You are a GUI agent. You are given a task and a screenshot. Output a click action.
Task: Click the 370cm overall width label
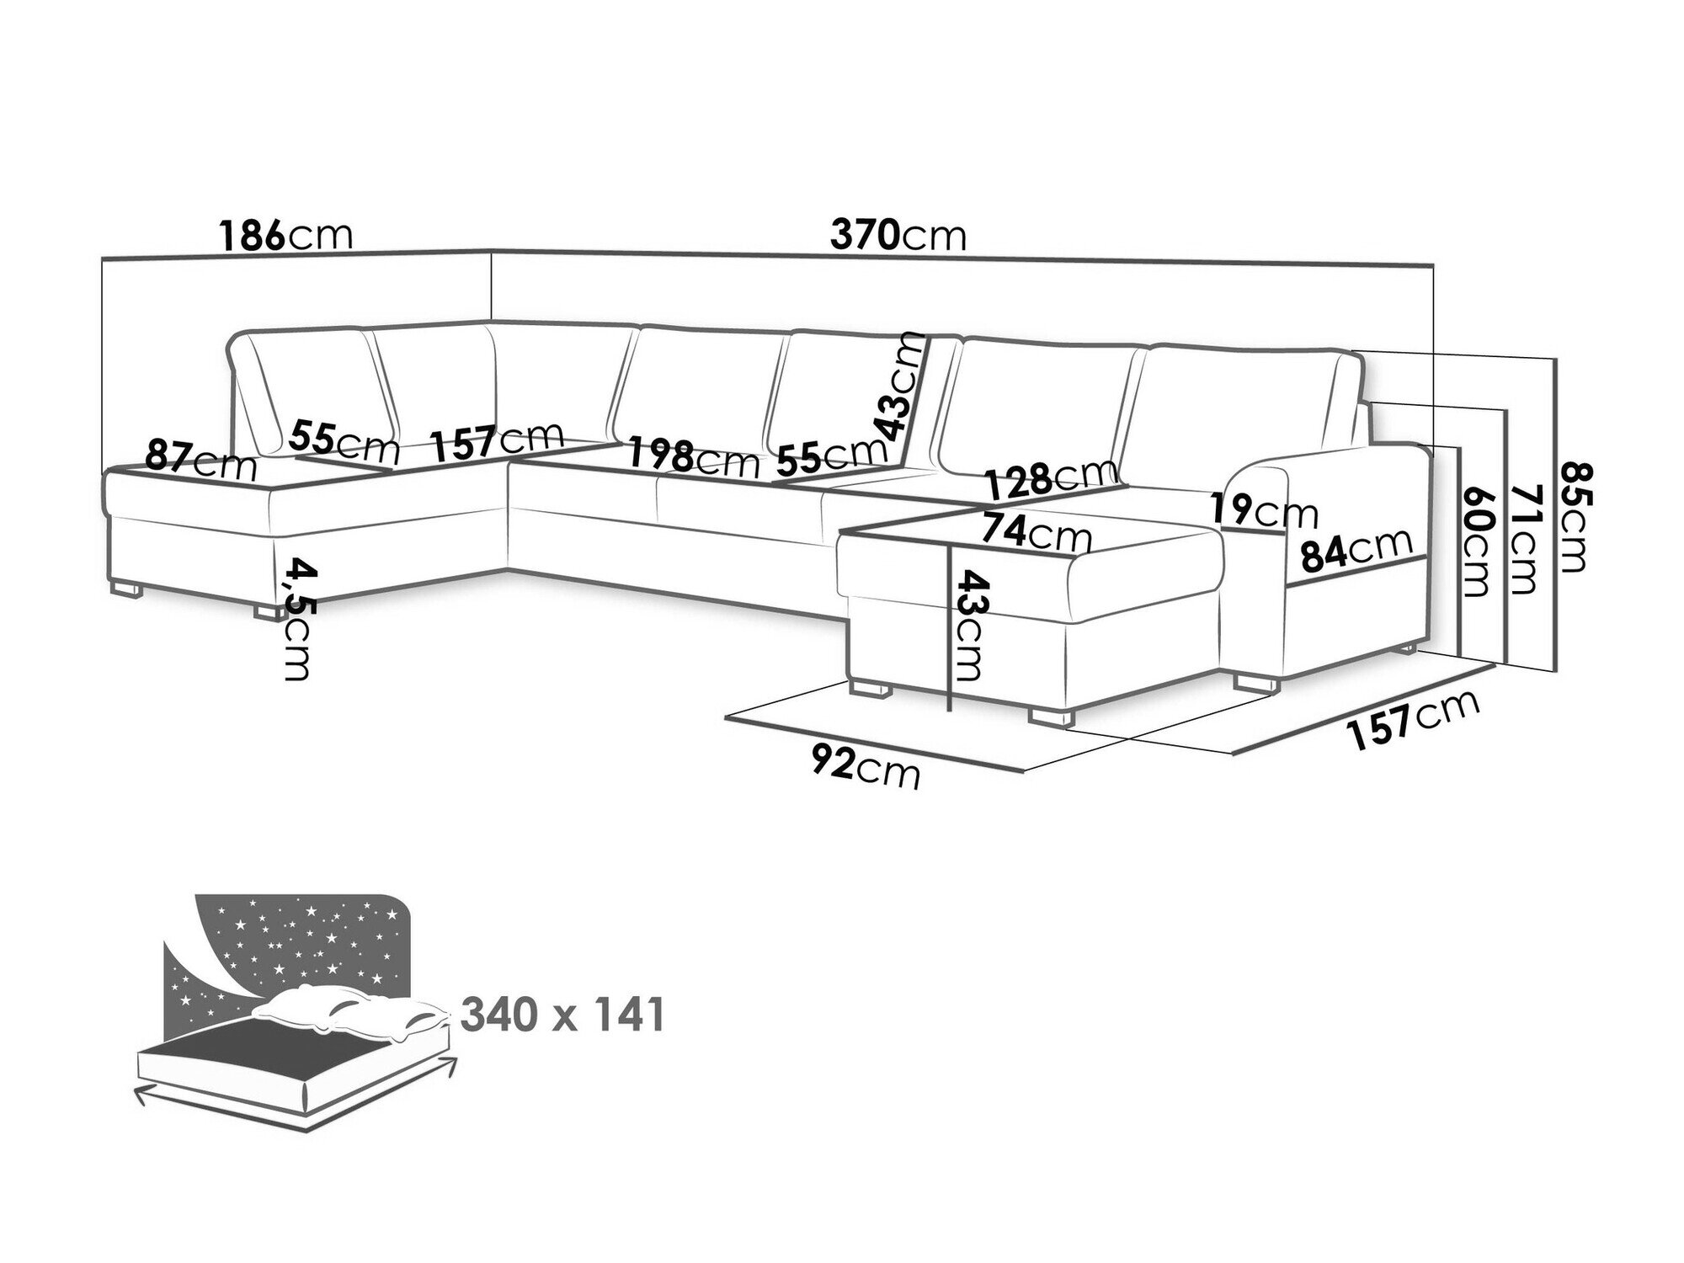[898, 236]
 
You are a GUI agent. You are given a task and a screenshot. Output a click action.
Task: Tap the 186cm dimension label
[285, 236]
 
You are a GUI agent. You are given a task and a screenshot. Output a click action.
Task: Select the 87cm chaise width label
[200, 460]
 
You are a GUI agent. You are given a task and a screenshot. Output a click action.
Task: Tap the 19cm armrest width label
[1264, 511]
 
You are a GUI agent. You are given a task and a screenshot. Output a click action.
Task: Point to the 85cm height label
[1572, 517]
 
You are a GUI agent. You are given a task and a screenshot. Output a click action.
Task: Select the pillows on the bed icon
[354, 1016]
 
